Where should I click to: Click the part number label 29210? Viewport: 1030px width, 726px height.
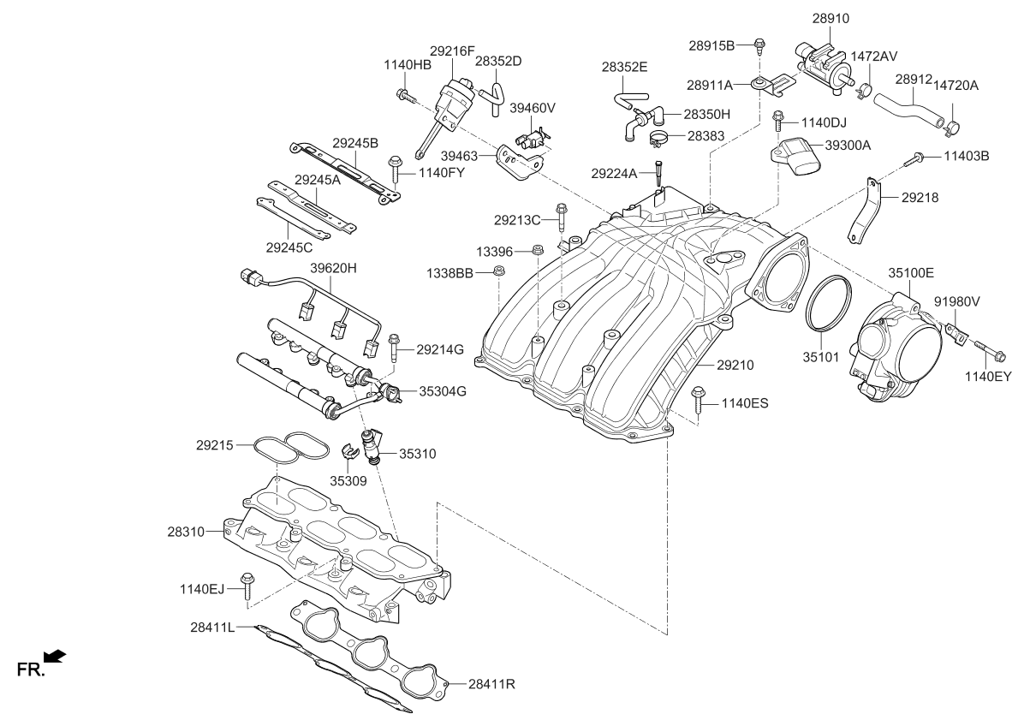pos(735,366)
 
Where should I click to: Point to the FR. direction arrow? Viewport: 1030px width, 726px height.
pos(55,657)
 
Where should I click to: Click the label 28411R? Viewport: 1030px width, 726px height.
pos(491,685)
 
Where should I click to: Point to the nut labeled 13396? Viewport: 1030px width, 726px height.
pos(538,251)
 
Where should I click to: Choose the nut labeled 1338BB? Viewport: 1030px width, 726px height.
pos(501,272)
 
